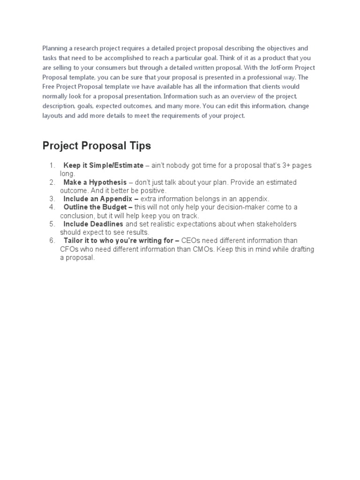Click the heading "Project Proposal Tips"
(97, 146)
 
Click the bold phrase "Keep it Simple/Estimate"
(103, 166)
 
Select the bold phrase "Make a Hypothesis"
(95, 182)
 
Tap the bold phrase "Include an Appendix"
(98, 199)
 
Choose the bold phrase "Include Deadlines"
(93, 224)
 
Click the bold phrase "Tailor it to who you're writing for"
(119, 240)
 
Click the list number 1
(52, 166)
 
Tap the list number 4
(52, 207)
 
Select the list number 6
(52, 240)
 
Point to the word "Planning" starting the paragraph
(56, 48)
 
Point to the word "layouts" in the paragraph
(53, 116)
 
